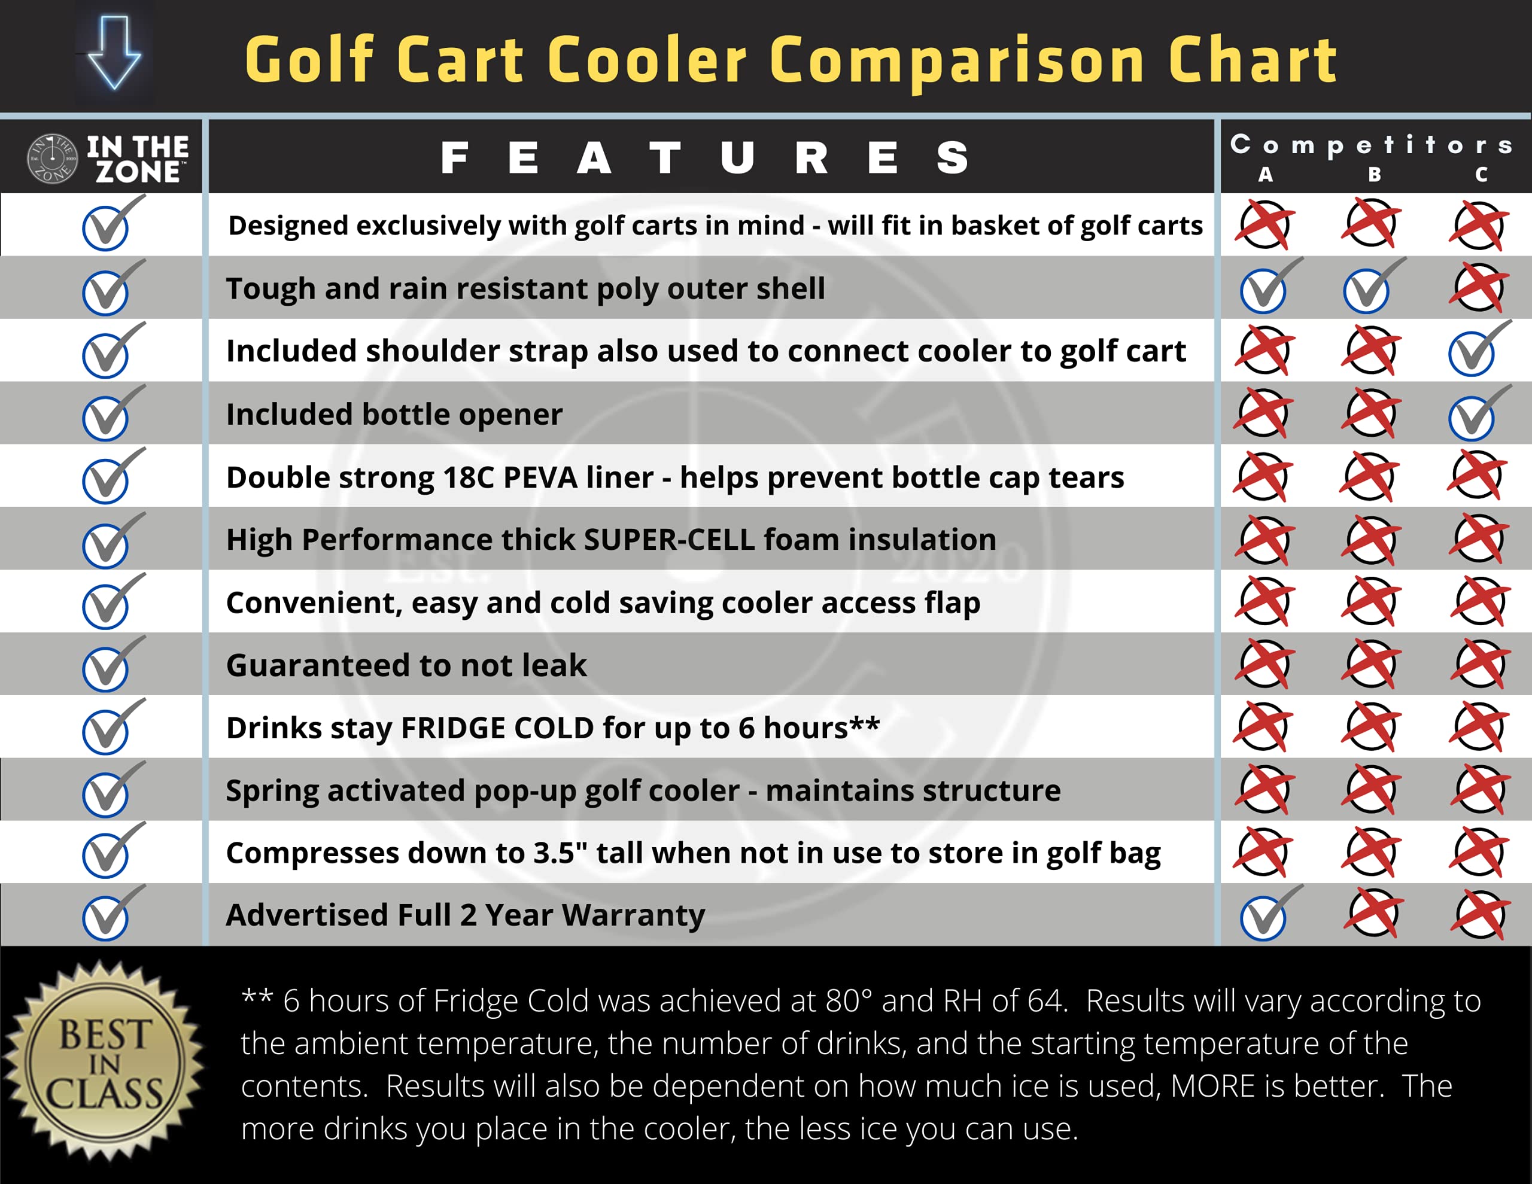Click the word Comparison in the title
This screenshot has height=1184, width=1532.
coord(957,61)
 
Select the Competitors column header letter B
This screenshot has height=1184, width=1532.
coord(1374,175)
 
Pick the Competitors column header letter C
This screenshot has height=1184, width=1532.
coord(1481,175)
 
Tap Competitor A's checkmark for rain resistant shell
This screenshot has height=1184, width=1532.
coord(1266,288)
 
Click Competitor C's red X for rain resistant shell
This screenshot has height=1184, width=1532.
coord(1479,288)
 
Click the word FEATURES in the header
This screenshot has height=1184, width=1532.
coord(705,158)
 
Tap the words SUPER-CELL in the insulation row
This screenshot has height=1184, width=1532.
coord(669,540)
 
